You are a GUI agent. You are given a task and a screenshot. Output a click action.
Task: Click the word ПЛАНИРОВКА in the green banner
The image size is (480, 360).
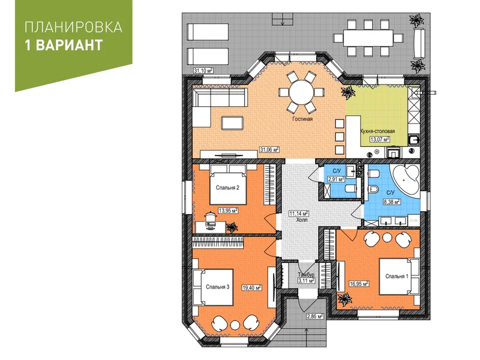pos(73,27)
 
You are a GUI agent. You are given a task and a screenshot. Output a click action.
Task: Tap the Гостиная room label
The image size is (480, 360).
pos(302,119)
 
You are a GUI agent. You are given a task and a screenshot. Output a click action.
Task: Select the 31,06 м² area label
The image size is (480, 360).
pos(269,149)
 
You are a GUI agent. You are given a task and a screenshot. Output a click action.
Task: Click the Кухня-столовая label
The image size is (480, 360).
pos(377,131)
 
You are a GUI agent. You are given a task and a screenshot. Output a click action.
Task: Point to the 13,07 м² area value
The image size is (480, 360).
pos(380,139)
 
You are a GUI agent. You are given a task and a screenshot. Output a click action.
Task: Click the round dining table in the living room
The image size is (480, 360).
pos(302,92)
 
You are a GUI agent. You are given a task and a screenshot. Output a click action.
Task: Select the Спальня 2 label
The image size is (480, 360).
pos(227,188)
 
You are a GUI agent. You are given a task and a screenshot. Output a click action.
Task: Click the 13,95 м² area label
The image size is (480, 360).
pos(228,211)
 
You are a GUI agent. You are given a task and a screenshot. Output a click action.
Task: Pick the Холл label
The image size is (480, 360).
pos(302,220)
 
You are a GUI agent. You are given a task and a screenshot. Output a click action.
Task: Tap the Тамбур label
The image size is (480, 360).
pos(306,275)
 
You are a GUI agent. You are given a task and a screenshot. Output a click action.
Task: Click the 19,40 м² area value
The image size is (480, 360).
pos(251,288)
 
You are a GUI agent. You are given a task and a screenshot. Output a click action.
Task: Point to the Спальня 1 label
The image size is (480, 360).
pos(397,277)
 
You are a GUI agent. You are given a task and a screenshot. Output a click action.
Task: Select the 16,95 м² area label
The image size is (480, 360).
pos(359,284)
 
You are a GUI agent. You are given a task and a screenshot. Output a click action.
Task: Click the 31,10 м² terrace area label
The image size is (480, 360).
pos(203,71)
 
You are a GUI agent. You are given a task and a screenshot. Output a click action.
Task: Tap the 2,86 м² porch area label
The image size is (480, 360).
pos(314,316)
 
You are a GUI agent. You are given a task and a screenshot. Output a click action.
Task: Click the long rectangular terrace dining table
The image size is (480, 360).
pos(368,38)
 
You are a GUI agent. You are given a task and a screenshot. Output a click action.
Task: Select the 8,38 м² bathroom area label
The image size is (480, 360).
pos(392,202)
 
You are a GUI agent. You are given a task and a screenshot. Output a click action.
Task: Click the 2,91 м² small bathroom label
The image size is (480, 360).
pos(336,179)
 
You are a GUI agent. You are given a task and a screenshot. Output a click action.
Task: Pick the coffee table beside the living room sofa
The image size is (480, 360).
pos(232,123)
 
